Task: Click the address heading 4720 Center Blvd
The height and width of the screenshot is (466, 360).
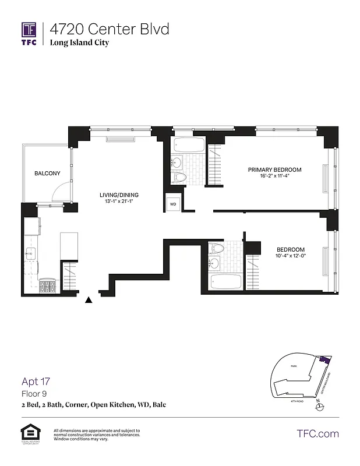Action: (109, 29)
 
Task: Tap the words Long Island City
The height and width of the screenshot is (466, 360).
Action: (79, 43)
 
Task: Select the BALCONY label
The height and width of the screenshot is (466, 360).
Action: (47, 174)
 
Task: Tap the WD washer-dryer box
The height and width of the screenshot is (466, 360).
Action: (173, 204)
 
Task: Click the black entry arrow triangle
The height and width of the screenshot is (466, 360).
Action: (89, 301)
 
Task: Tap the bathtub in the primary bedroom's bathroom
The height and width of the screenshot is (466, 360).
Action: (189, 146)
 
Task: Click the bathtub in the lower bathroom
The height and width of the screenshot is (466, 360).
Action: (226, 283)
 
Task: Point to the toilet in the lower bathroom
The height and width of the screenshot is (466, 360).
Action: (218, 248)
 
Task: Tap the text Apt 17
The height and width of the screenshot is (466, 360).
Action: (36, 382)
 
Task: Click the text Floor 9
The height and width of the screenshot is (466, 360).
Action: (34, 394)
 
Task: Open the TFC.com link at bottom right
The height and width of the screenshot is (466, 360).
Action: (317, 433)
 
